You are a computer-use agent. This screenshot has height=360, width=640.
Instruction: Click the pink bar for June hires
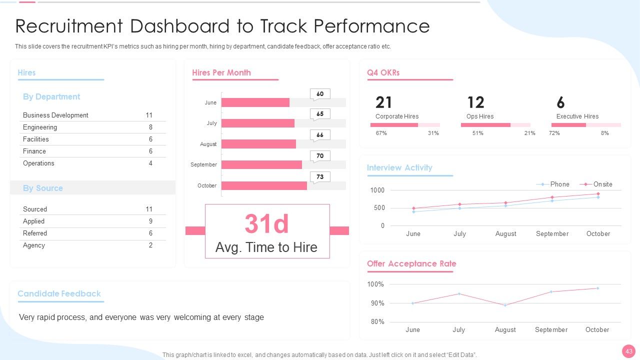click(255, 102)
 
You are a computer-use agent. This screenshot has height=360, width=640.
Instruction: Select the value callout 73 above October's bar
click(320, 177)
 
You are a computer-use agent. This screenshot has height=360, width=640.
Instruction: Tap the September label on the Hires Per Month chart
click(203, 164)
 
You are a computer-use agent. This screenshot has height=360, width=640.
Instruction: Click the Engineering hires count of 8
click(150, 127)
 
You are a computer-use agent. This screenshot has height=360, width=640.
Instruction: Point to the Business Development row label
click(55, 115)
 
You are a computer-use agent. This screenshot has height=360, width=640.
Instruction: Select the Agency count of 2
click(150, 245)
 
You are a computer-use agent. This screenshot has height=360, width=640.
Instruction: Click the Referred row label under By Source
click(35, 233)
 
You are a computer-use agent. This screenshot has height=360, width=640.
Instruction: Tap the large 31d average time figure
click(267, 223)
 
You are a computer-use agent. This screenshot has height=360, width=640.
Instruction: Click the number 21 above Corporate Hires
click(383, 102)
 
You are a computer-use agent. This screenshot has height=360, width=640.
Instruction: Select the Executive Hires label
click(577, 116)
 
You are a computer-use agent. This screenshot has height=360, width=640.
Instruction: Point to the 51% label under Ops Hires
click(477, 133)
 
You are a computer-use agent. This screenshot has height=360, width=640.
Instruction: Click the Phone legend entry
click(553, 184)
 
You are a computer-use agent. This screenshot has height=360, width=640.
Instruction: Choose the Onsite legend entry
click(596, 184)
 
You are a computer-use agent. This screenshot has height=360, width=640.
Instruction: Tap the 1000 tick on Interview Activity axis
click(377, 190)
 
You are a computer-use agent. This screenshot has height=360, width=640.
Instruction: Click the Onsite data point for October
click(598, 194)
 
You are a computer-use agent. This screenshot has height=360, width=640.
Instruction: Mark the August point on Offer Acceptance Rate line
click(505, 305)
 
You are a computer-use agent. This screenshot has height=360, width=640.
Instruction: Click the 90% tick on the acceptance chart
click(377, 303)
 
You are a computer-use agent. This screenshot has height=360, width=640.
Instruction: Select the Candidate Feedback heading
click(59, 293)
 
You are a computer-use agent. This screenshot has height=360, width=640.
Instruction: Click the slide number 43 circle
click(629, 351)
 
